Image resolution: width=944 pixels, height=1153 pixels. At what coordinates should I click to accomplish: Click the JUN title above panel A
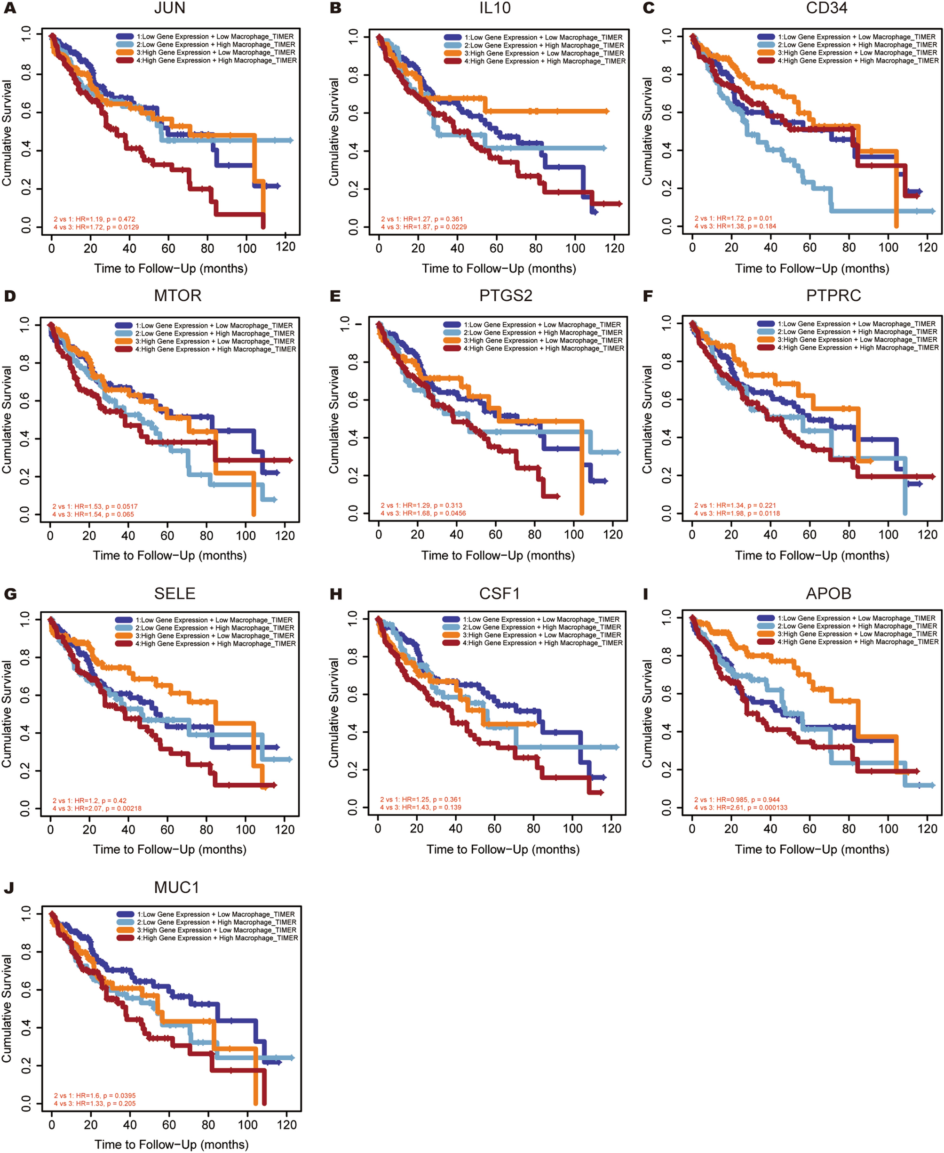coord(170,8)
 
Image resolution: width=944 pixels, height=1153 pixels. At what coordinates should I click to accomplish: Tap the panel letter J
coord(8,888)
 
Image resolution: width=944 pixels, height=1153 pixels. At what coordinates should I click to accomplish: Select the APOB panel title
coord(828,593)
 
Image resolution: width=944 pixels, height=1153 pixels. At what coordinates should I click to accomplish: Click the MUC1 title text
coord(177,888)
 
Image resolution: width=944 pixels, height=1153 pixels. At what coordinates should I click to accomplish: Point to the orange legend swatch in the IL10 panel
coord(452,53)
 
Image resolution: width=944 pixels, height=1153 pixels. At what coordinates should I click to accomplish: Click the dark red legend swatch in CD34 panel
coord(766,61)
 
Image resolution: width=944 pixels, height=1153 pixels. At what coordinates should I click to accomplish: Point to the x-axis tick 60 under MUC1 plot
coord(169,1125)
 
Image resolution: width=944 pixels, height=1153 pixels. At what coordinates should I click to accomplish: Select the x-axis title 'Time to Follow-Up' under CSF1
coord(502,849)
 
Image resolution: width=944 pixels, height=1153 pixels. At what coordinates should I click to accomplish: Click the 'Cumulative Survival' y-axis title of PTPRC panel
coord(647,419)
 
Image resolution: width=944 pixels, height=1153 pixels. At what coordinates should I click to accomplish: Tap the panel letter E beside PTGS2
coord(335,296)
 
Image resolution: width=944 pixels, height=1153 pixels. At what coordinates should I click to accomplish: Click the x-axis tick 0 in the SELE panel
coord(51,830)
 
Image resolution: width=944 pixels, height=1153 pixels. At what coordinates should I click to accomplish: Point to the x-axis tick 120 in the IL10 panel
coord(614,248)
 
